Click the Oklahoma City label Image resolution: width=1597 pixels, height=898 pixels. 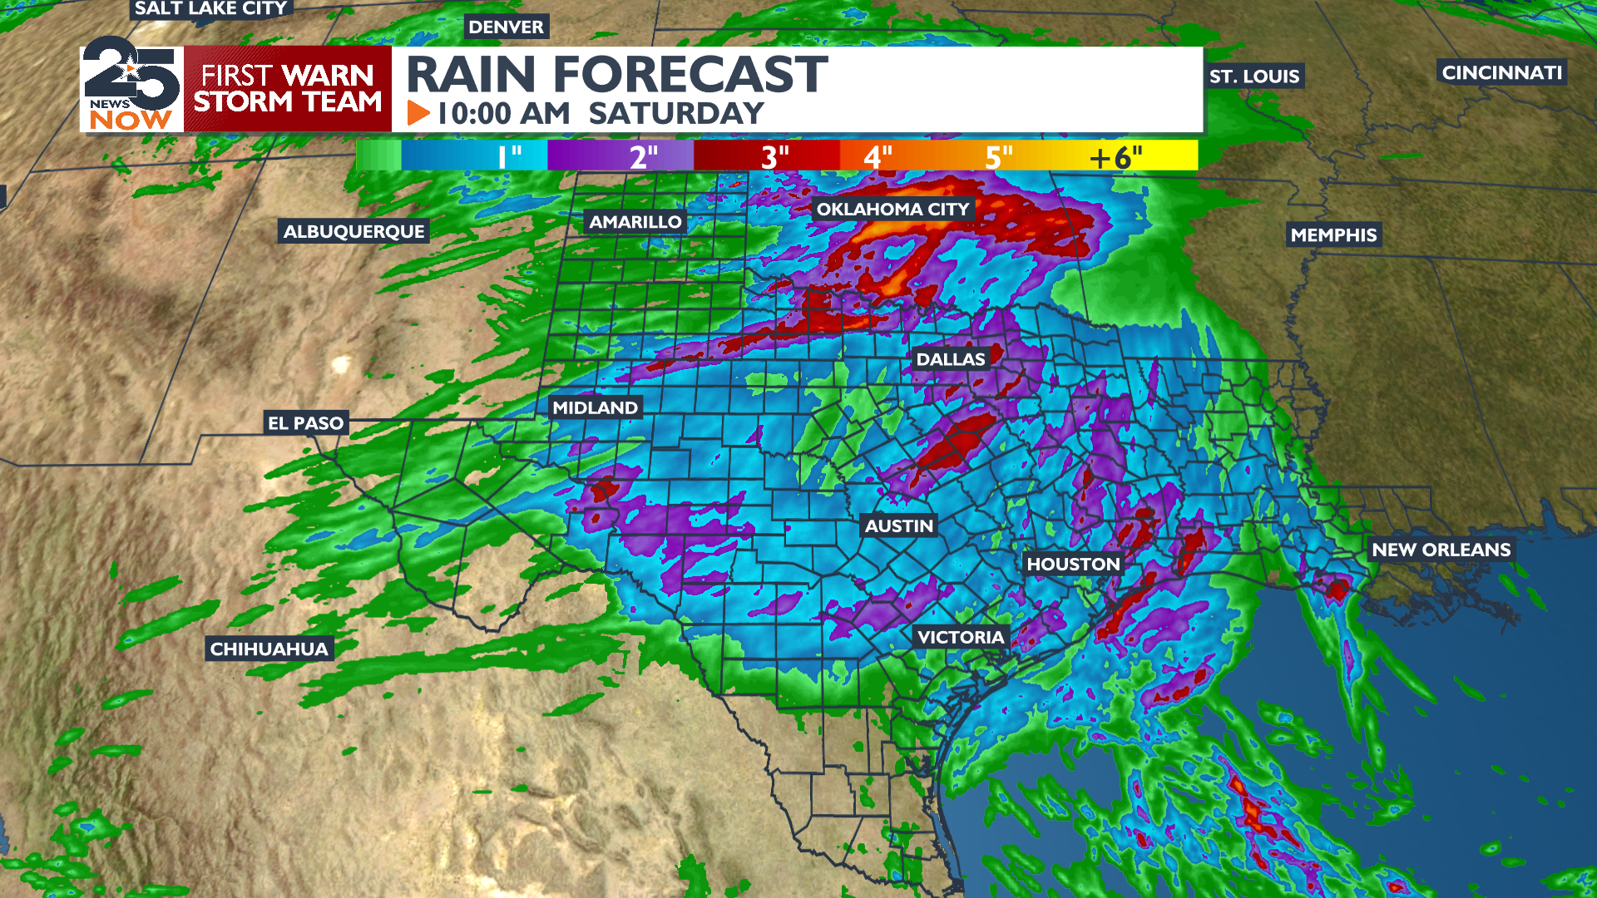892,210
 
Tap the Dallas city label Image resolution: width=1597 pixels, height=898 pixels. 950,359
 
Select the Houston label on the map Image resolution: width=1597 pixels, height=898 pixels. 1073,564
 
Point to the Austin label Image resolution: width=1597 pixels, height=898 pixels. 898,525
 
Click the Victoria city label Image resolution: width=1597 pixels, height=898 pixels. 961,637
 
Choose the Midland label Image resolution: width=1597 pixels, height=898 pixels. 595,407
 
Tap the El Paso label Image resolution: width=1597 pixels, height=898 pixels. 305,423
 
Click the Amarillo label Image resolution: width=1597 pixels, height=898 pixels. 635,222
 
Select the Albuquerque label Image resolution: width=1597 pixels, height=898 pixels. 354,231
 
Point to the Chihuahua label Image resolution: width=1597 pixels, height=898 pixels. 269,649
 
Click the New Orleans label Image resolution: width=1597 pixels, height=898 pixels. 1441,550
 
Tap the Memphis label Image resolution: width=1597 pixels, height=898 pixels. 1333,235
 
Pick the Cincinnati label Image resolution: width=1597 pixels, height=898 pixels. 1501,72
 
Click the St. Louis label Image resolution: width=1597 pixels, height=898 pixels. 1253,76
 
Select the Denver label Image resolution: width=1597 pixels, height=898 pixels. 506,27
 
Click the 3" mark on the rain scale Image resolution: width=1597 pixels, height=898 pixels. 775,156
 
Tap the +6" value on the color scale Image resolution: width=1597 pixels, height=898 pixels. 1116,156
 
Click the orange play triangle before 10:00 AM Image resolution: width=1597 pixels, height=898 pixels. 418,113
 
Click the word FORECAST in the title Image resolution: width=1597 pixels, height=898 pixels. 690,75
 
